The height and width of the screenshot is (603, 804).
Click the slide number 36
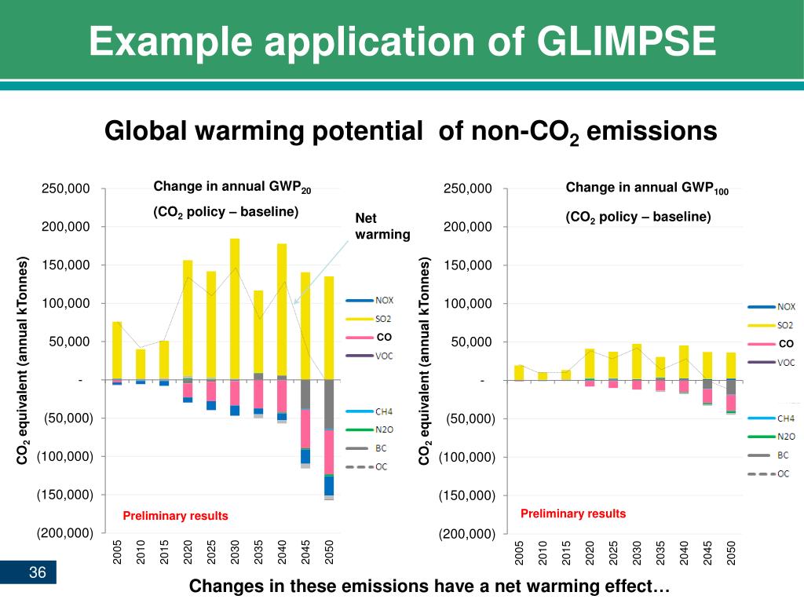pyautogui.click(x=38, y=574)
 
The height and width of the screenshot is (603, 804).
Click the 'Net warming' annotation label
pyautogui.click(x=382, y=226)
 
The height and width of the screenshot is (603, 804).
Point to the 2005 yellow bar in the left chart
pyautogui.click(x=117, y=349)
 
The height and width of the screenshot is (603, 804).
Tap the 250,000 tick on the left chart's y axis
pyautogui.click(x=66, y=189)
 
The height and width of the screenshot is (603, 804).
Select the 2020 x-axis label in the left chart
pyautogui.click(x=188, y=552)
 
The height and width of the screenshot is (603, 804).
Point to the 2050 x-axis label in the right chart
pyautogui.click(x=731, y=552)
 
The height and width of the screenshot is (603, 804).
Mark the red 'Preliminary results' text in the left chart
pyautogui.click(x=175, y=516)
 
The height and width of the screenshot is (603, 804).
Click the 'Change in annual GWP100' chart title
pyautogui.click(x=647, y=188)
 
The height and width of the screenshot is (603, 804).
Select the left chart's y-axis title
pyautogui.click(x=24, y=360)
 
